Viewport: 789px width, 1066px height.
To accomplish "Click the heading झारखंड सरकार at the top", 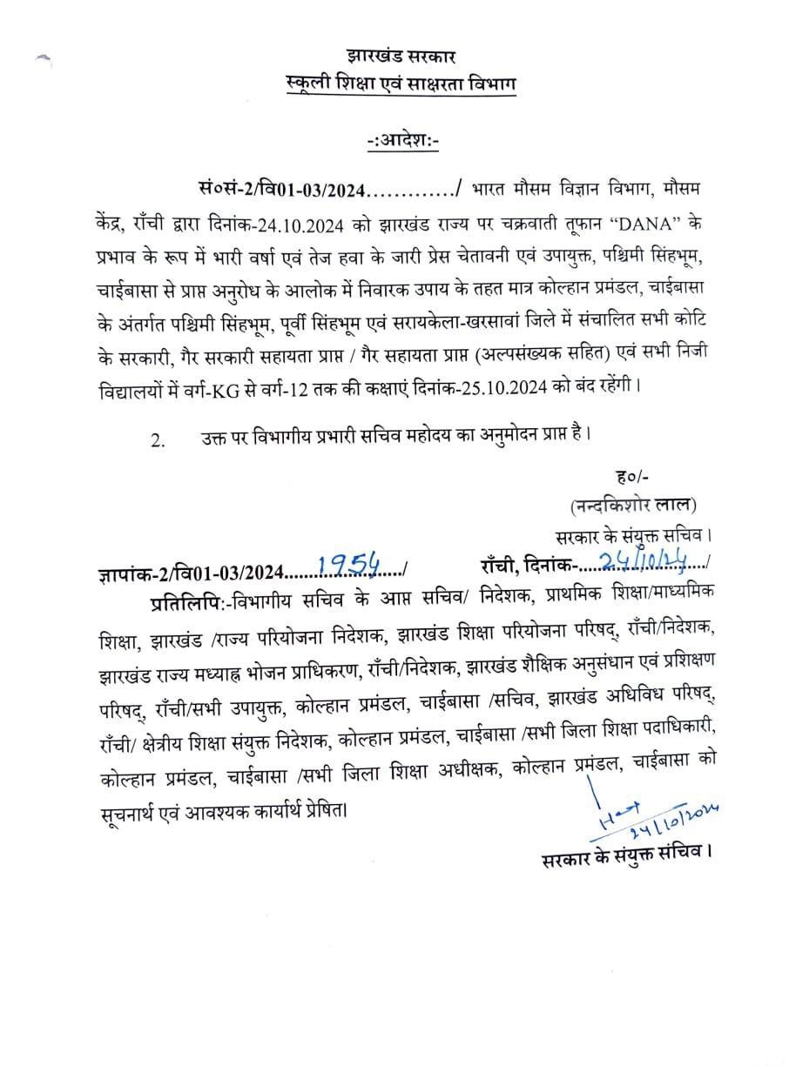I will (x=401, y=58).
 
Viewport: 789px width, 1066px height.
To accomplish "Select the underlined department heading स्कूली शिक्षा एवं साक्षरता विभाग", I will (x=401, y=84).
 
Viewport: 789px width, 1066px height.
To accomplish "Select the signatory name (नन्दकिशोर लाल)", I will (x=633, y=504).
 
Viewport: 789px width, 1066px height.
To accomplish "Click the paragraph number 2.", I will (x=157, y=439).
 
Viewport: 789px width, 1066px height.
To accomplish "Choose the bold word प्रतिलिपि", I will (x=187, y=600).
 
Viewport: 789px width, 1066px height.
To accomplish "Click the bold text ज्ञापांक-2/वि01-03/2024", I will (x=192, y=572).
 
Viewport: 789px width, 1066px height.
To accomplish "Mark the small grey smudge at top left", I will (x=45, y=61).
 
